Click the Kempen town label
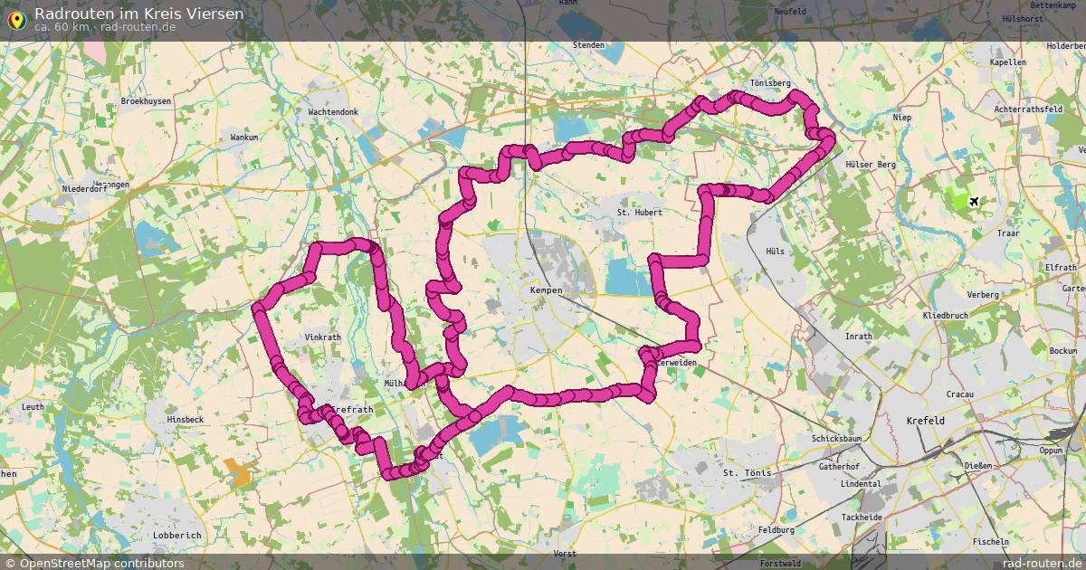(x=547, y=290)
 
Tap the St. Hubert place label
(x=640, y=213)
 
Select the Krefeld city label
(x=925, y=422)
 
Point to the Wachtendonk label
(x=333, y=112)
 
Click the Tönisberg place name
(x=770, y=83)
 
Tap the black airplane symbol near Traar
(x=974, y=201)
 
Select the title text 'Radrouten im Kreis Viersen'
(x=138, y=14)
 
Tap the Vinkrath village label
(x=323, y=337)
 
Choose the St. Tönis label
(x=746, y=473)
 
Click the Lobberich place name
(x=177, y=536)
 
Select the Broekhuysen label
(x=146, y=102)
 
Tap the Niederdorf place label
(x=84, y=189)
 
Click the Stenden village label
(x=588, y=44)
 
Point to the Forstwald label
(x=780, y=563)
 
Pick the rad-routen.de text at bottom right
(x=1030, y=563)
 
